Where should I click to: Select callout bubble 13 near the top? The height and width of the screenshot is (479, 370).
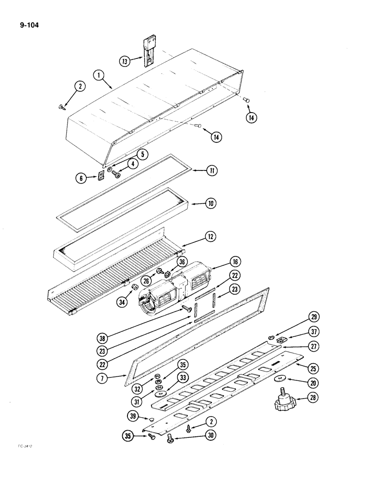tap(125, 61)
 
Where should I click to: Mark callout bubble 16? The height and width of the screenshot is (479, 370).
tap(234, 262)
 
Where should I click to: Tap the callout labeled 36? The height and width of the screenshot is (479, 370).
tap(181, 262)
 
